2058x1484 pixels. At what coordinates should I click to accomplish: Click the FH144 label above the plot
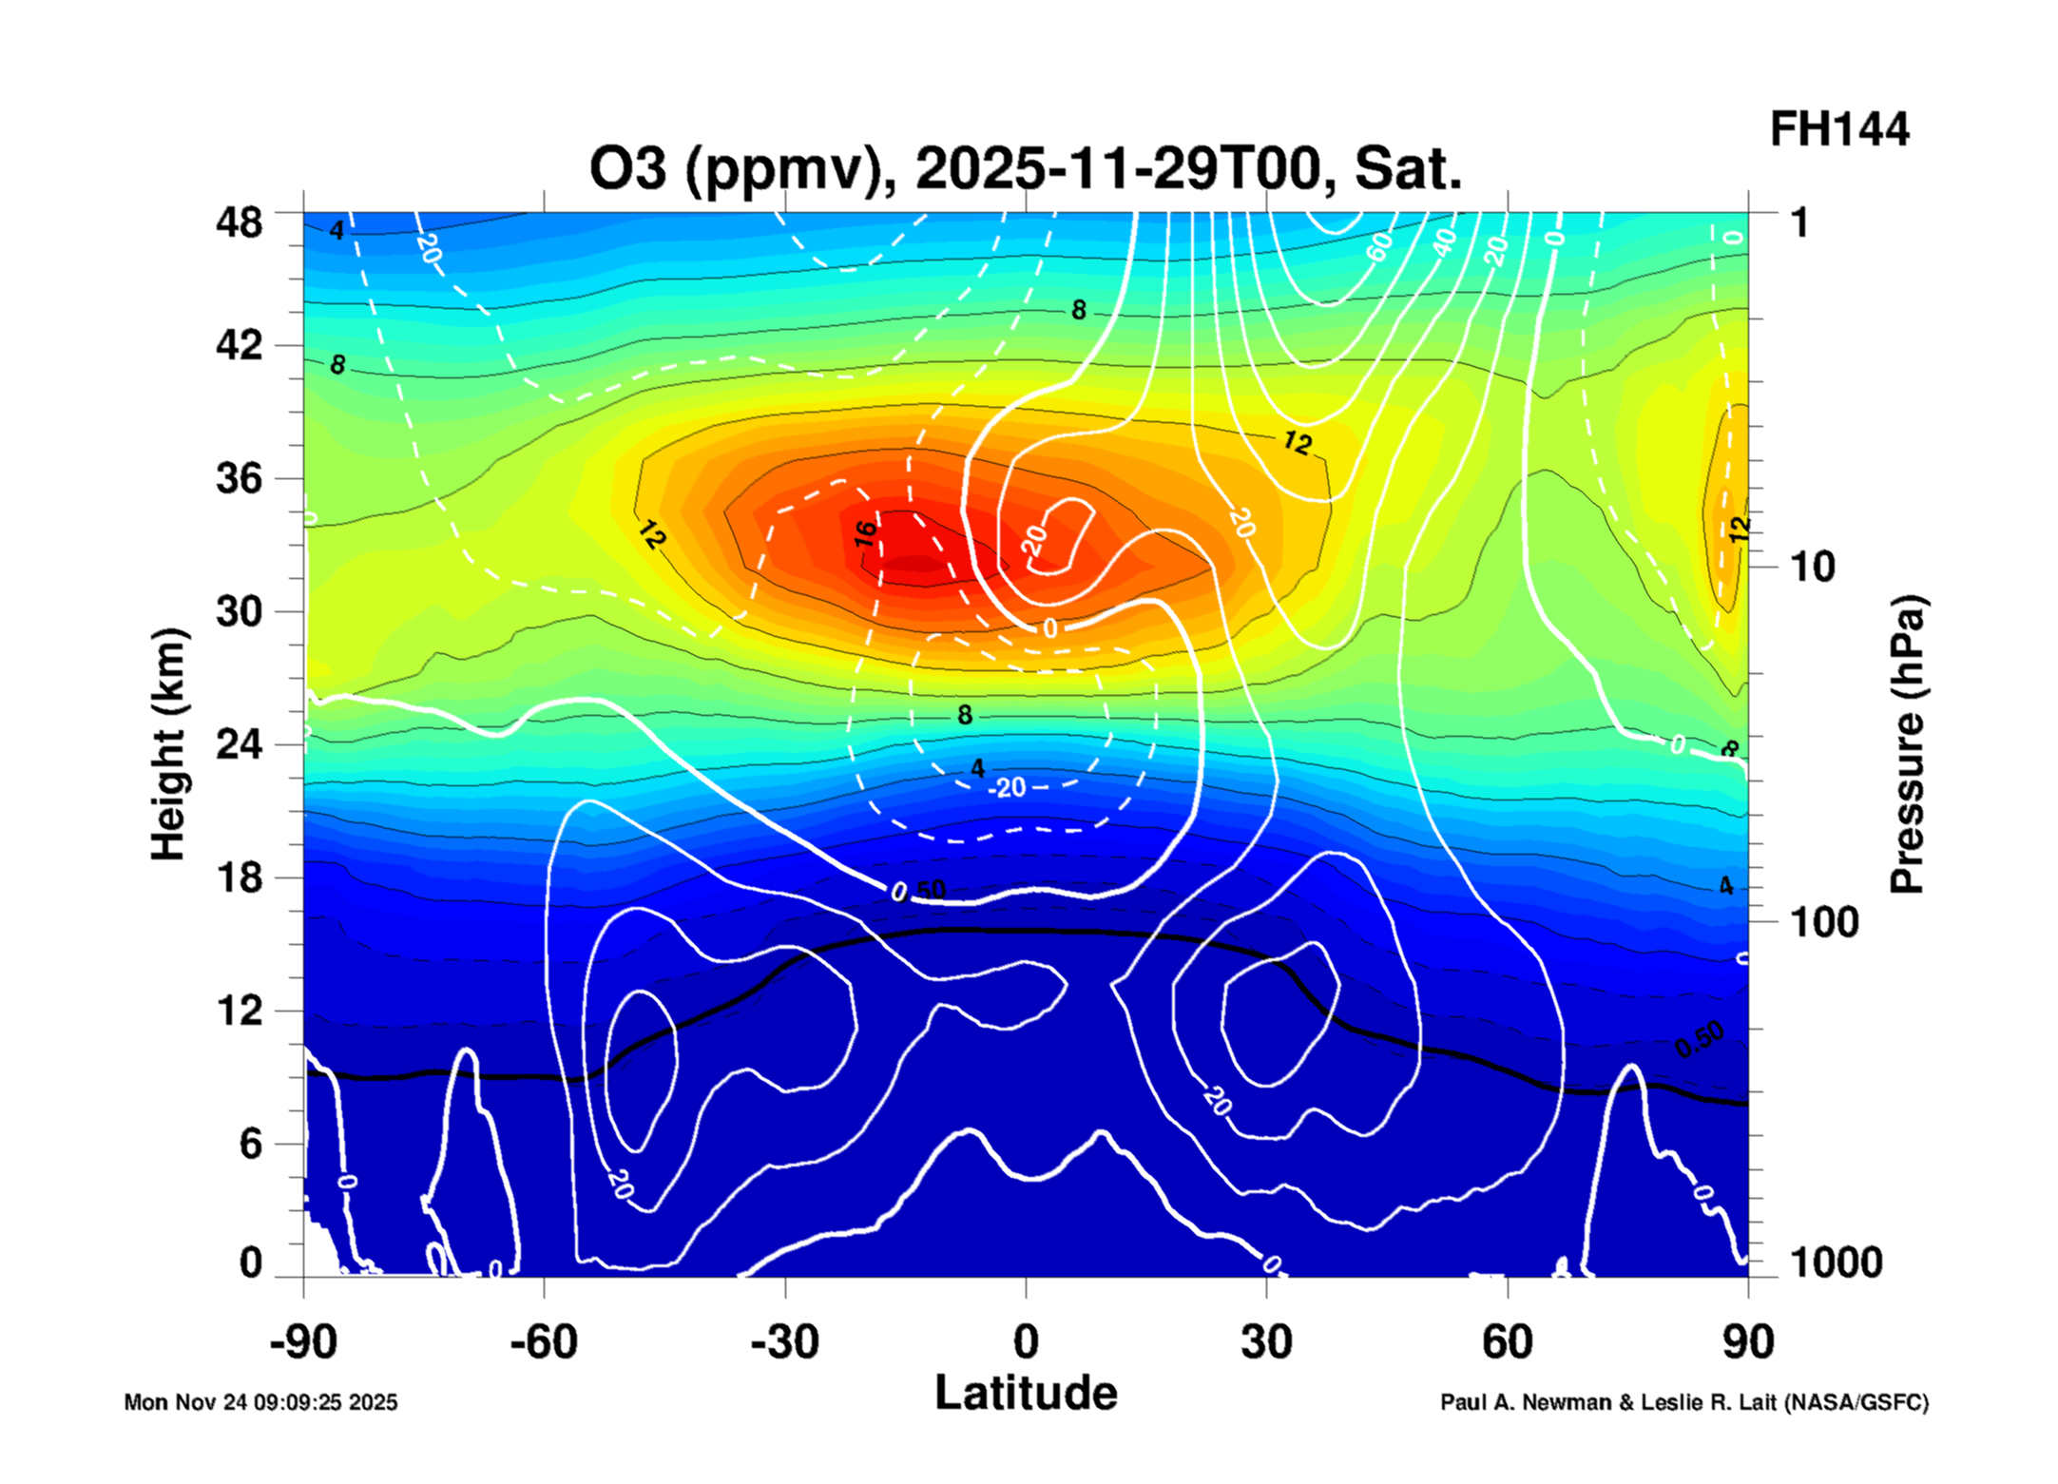[1837, 130]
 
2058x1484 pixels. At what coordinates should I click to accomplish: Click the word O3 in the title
[627, 169]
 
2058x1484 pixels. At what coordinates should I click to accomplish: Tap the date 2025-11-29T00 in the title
[1118, 169]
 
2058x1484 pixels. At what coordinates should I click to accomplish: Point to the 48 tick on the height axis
[239, 223]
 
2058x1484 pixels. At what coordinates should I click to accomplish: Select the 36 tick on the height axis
[239, 478]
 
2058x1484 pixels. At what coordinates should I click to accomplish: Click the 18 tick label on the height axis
[239, 877]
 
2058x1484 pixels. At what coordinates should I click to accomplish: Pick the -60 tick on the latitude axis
[544, 1342]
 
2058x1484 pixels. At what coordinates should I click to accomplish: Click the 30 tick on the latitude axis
[1266, 1342]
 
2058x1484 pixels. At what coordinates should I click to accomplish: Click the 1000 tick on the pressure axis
[1836, 1262]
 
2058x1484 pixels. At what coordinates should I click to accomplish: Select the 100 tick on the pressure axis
[1824, 922]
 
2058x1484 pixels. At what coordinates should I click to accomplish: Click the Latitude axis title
[1026, 1394]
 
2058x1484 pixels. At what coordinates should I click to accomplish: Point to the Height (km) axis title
[169, 744]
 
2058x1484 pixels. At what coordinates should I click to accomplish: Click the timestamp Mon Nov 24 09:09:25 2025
[260, 1402]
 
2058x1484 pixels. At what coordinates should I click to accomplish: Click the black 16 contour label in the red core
[865, 533]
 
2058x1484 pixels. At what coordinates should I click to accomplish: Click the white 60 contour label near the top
[1379, 246]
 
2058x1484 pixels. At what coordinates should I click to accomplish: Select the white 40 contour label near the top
[1444, 242]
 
